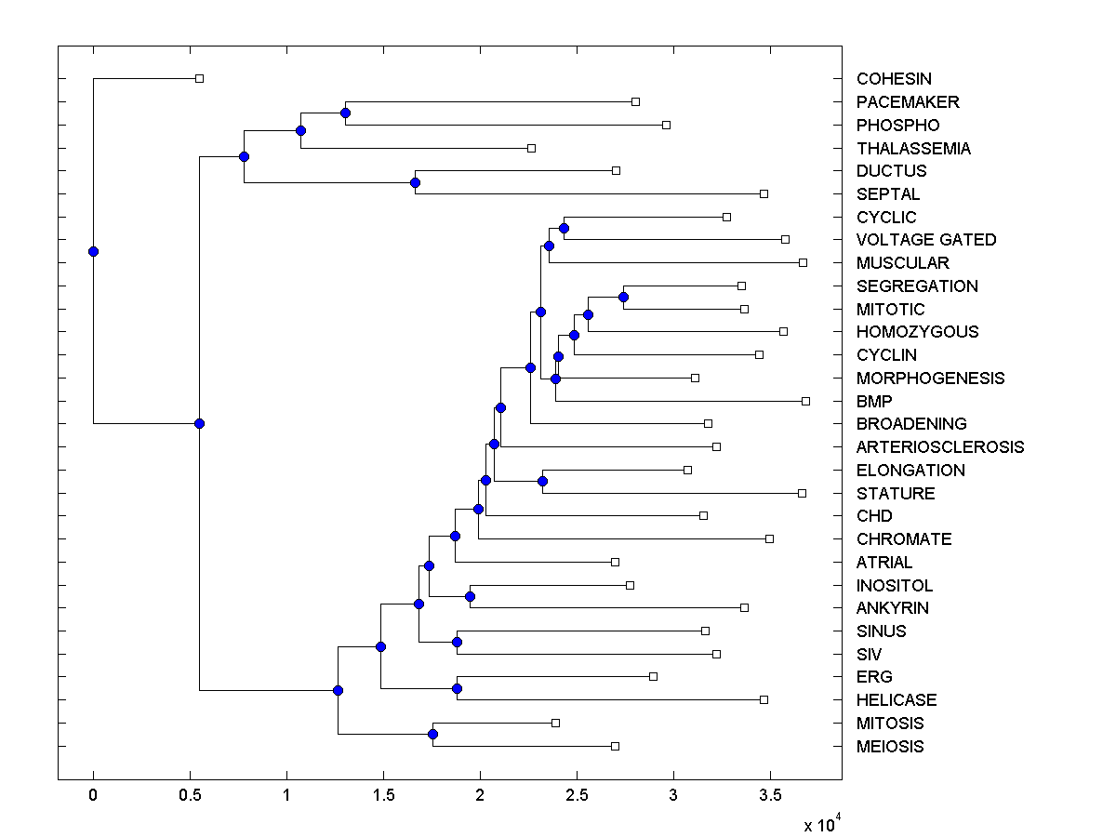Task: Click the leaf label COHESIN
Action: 894,79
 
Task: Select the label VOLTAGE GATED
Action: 926,240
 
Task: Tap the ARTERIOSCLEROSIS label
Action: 940,447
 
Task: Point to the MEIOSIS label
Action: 890,747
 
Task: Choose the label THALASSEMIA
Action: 913,149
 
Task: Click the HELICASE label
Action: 897,700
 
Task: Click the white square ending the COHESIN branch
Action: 199,78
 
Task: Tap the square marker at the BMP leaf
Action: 805,401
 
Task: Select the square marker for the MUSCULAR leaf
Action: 803,262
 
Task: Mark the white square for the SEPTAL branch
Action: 764,193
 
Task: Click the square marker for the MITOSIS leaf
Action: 555,723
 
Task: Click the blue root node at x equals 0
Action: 93,251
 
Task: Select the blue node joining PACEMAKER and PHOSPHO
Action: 345,113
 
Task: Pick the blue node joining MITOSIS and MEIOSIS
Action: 432,734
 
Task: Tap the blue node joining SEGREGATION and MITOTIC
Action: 623,297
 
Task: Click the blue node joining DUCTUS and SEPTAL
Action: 416,182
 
